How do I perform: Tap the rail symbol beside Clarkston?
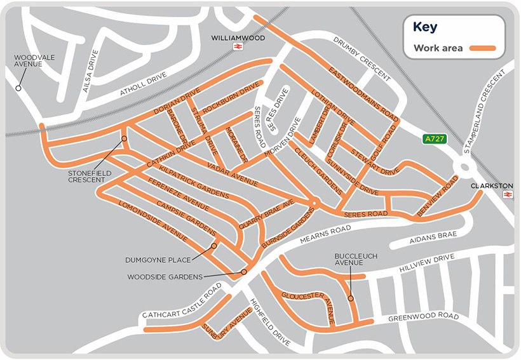507,194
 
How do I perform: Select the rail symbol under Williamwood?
238,48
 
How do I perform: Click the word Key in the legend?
425,27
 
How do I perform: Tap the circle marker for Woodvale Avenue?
19,88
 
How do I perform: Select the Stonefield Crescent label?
87,176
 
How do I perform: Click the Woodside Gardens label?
165,277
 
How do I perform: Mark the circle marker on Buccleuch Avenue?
351,298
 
